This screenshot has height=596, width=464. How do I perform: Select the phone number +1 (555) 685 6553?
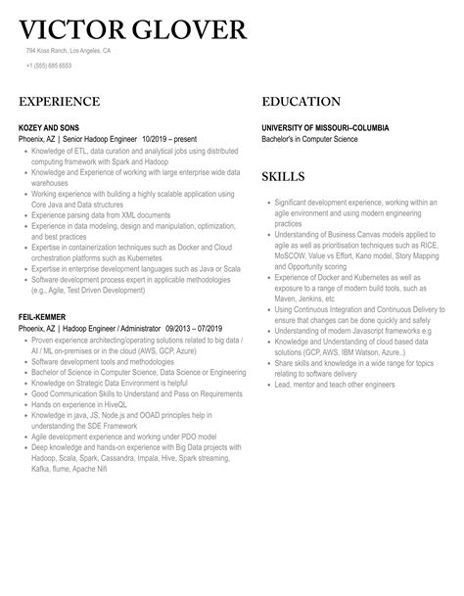tap(50, 66)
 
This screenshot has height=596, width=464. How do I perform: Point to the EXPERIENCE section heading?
tap(59, 102)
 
